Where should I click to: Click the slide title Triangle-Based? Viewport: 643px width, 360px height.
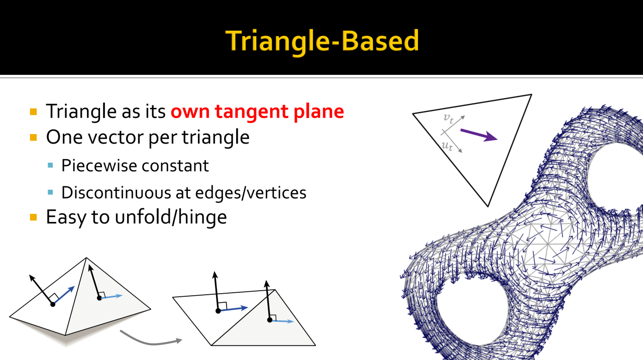click(x=322, y=41)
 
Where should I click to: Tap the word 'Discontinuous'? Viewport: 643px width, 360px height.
click(x=116, y=192)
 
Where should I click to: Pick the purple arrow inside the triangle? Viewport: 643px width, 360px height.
click(x=479, y=135)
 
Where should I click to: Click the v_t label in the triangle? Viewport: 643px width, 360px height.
click(x=449, y=118)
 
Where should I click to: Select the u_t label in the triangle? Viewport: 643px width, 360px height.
click(x=447, y=146)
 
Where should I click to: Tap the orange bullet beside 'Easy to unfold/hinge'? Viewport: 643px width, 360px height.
click(x=33, y=217)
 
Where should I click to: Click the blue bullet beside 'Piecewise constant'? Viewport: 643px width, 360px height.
click(x=50, y=165)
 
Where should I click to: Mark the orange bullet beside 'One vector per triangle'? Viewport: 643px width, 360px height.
click(x=33, y=138)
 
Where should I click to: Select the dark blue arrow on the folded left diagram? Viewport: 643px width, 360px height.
click(x=64, y=295)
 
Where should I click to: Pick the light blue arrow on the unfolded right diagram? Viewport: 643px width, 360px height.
click(x=282, y=321)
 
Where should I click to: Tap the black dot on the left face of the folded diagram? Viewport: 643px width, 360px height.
click(x=53, y=304)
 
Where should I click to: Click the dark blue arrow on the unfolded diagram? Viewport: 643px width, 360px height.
click(x=233, y=309)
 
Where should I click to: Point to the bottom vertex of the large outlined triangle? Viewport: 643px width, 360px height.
click(x=488, y=206)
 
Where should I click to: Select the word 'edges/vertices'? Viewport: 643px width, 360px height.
click(x=251, y=192)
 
